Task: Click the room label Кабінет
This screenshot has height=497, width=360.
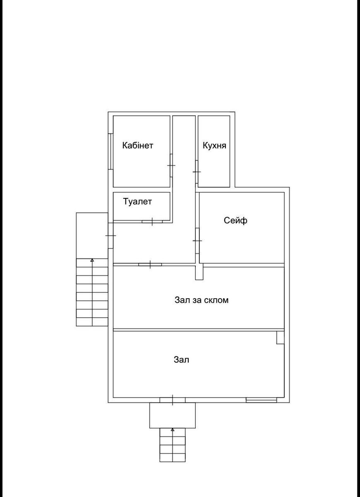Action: point(138,145)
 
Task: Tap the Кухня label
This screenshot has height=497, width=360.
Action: point(214,145)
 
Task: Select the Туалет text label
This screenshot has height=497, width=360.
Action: point(137,201)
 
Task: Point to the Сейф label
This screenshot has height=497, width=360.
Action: point(235,220)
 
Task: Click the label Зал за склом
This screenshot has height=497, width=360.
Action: point(202,300)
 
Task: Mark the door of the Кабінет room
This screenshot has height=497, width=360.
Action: point(171,165)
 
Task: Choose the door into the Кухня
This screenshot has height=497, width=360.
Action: point(197,172)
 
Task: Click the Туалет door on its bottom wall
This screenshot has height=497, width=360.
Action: point(152,222)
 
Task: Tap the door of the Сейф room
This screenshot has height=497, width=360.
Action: point(197,241)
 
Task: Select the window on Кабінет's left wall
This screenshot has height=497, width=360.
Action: point(110,152)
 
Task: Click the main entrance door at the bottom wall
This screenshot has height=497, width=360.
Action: point(173,400)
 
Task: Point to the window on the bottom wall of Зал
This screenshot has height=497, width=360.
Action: point(262,400)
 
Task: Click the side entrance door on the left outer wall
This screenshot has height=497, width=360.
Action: point(110,236)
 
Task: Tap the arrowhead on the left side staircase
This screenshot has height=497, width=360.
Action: point(92,260)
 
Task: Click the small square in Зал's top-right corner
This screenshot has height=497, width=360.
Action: point(281,338)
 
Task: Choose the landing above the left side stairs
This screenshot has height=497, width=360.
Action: point(92,236)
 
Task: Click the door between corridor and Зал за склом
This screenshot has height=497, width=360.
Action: point(150,265)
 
